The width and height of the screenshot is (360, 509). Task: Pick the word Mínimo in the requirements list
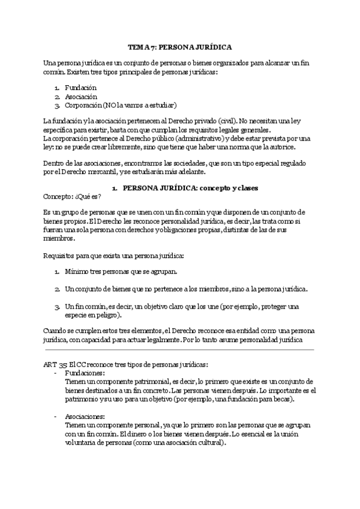77,272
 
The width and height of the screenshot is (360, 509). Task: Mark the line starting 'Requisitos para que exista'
113,255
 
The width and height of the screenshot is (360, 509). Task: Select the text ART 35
55,364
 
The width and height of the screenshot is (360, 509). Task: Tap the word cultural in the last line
211,444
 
